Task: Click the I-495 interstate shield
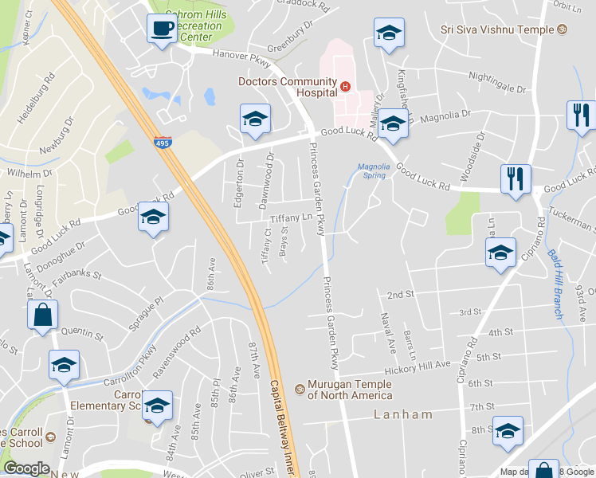click(161, 143)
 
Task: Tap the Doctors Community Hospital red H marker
click(345, 87)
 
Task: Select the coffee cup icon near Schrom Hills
click(162, 30)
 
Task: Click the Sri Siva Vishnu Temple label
click(498, 29)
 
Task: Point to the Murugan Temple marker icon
click(300, 389)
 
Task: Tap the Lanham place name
click(403, 414)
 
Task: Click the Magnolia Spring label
click(373, 170)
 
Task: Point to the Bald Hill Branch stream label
click(555, 284)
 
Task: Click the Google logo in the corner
click(26, 468)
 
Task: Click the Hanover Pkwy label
click(242, 55)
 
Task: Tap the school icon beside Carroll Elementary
click(158, 406)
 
